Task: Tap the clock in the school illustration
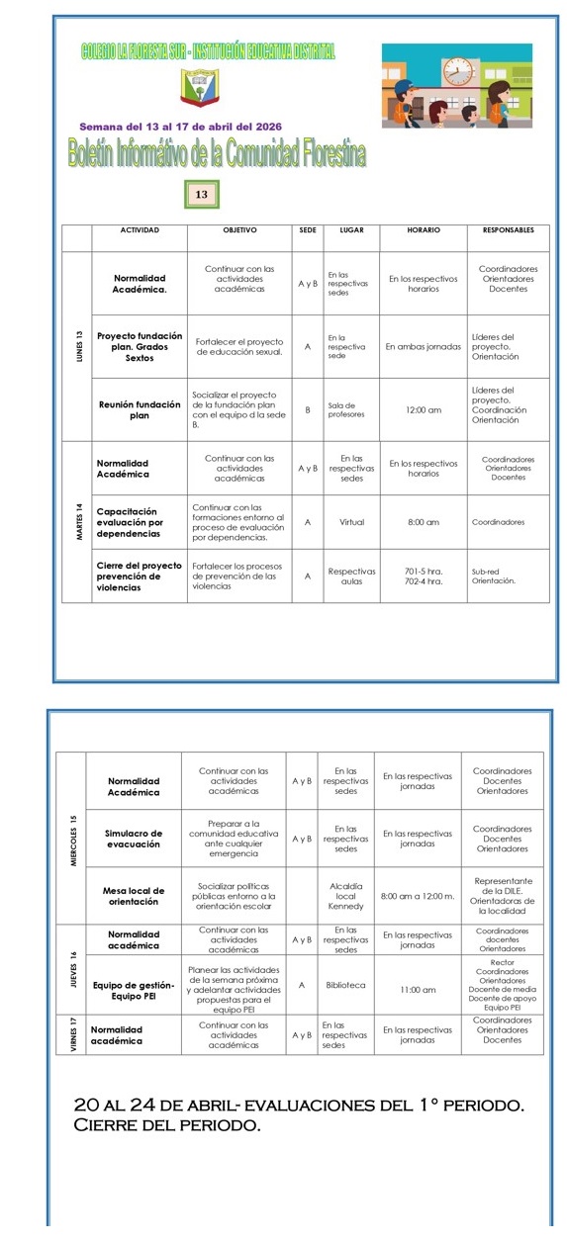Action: (x=457, y=72)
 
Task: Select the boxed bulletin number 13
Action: (x=201, y=194)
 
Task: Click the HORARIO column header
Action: (x=424, y=230)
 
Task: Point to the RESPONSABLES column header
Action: (x=508, y=230)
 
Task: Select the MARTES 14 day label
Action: (x=77, y=520)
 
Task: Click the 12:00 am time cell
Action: (x=424, y=409)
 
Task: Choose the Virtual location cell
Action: (x=351, y=521)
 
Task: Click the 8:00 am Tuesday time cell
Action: (x=424, y=521)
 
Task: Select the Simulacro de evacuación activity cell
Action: (x=134, y=840)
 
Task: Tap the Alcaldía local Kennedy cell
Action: (x=345, y=896)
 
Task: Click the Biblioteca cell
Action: (x=345, y=985)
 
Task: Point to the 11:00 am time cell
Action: (x=418, y=988)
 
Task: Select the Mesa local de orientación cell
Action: (x=134, y=896)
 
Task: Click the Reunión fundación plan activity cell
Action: (x=140, y=409)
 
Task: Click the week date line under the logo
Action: (x=180, y=127)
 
